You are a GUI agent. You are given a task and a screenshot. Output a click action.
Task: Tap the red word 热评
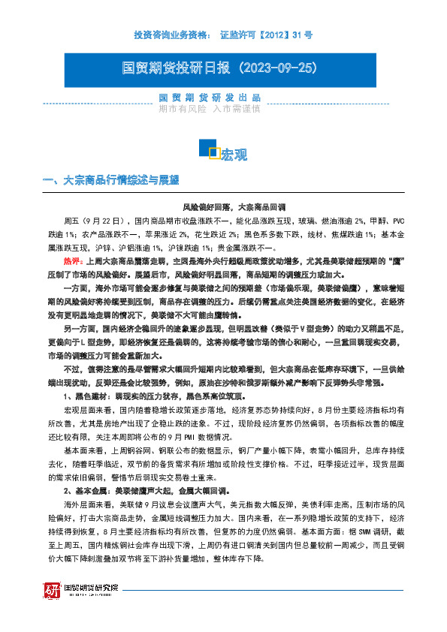73,260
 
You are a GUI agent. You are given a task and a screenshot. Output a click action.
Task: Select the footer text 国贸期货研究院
92,588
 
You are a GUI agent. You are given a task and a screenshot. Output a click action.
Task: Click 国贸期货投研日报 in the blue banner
177,68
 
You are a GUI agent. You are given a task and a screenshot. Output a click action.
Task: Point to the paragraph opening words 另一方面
78,328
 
